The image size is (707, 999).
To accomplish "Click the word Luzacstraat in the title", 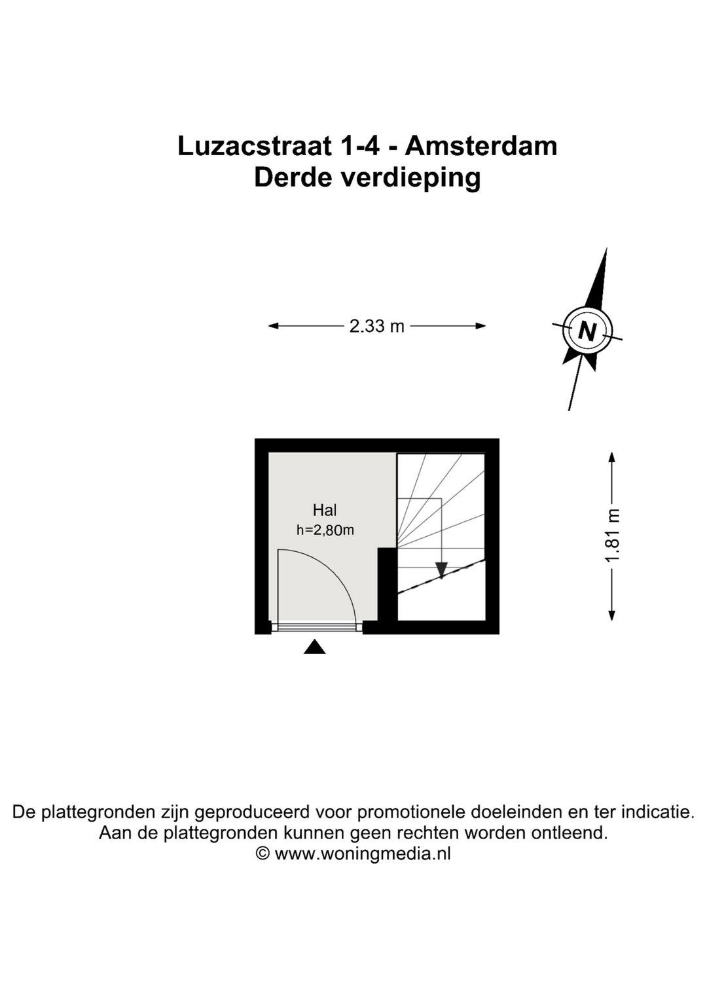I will [254, 145].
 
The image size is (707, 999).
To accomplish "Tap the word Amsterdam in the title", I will [481, 145].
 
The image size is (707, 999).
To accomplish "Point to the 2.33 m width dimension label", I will [376, 326].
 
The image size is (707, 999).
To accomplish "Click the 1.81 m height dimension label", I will [612, 536].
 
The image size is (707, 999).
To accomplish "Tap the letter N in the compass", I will [587, 332].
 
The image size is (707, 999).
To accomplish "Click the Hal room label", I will [325, 510].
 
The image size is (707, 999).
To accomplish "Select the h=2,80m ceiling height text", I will [325, 530].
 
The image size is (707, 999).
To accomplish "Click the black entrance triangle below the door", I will [315, 647].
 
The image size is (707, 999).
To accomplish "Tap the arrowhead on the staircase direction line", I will [441, 570].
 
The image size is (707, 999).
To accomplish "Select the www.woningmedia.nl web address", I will [363, 854].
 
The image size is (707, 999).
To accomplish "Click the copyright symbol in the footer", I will [263, 854].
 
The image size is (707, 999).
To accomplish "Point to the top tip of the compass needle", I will [606, 250].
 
